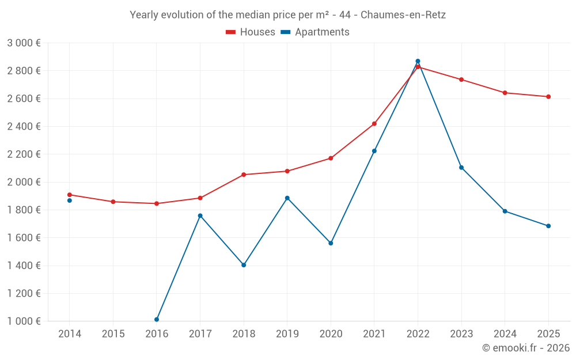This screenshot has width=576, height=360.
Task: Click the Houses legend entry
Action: [x=250, y=32]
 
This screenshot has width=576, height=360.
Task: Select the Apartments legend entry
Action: [x=315, y=32]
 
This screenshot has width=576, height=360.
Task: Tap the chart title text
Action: [x=287, y=15]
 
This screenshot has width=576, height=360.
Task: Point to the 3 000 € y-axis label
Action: [x=24, y=43]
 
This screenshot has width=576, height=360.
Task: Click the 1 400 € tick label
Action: [x=24, y=265]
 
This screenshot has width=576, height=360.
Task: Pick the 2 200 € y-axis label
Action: [x=24, y=154]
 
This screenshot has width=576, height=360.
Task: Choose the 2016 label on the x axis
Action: [x=157, y=334]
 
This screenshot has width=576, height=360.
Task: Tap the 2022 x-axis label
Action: [x=418, y=334]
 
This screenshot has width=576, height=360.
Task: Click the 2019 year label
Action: [x=287, y=334]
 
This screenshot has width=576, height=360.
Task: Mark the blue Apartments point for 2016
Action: [x=157, y=320]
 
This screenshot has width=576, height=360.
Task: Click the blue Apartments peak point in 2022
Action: [x=418, y=62]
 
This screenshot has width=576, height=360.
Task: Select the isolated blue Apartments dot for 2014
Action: [x=70, y=200]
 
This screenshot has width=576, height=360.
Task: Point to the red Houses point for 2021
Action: [x=374, y=124]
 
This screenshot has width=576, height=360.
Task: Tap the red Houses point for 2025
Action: [x=548, y=97]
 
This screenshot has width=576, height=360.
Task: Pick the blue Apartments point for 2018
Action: [x=244, y=265]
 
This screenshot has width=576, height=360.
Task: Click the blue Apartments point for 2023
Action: [x=461, y=168]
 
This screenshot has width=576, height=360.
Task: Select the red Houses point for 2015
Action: [x=113, y=202]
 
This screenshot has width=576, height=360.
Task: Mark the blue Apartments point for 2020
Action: [x=331, y=243]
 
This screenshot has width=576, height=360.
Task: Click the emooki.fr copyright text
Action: [x=526, y=348]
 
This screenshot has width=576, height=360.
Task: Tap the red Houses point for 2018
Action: [x=244, y=175]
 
